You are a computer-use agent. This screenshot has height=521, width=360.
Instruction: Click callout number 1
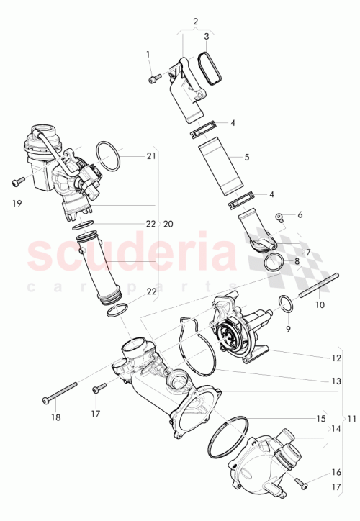click(148, 55)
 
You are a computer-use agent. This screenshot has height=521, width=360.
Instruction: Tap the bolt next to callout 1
click(155, 78)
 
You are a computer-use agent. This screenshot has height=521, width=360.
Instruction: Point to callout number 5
click(246, 156)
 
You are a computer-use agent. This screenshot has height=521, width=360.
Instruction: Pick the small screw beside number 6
click(278, 216)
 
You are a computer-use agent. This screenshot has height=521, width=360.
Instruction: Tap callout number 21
click(151, 156)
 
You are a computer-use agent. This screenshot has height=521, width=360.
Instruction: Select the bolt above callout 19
click(18, 181)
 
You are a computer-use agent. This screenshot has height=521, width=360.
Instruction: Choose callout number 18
click(55, 417)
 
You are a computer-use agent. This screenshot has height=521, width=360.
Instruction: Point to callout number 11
click(352, 419)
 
